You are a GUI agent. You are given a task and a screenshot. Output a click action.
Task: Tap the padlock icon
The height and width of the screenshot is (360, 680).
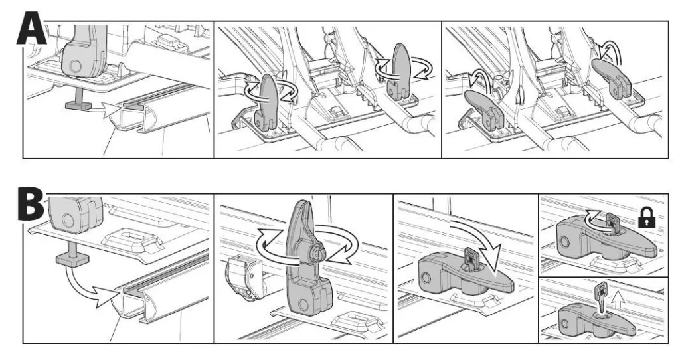646,217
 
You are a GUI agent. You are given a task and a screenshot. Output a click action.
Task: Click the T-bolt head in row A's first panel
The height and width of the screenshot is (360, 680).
78,105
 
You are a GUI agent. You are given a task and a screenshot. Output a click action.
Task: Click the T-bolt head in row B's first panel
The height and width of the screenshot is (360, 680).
72,260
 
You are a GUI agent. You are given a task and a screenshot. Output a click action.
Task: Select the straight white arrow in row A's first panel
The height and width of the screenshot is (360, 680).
106,109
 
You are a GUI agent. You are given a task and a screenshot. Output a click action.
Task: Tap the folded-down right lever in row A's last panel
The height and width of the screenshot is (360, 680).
611,76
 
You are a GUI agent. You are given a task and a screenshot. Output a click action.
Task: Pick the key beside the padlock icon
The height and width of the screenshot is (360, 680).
611,222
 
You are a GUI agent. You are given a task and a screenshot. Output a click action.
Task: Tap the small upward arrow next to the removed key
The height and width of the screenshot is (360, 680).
620,300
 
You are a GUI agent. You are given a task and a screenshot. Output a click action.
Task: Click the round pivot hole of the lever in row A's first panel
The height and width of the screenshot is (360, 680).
74,66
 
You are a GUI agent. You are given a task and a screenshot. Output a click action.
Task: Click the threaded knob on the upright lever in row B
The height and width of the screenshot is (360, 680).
319,252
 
